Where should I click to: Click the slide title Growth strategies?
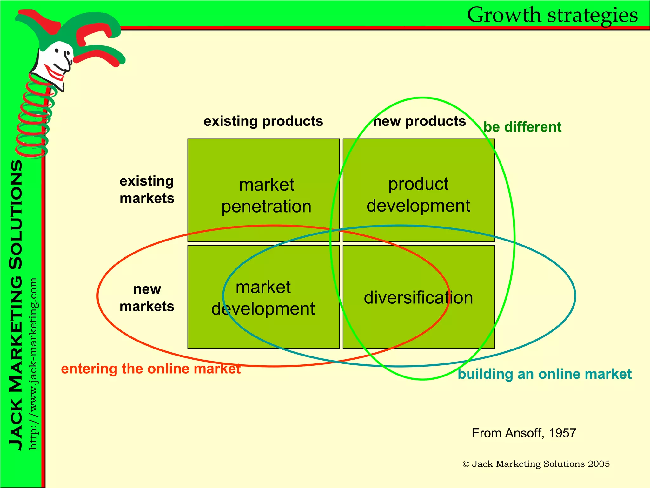552,15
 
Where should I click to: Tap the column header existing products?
263,121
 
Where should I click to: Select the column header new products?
419,121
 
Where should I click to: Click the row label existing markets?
147,190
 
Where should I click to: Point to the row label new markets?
147,298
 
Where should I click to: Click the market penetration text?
266,196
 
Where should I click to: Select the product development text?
418,195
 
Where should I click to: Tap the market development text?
263,298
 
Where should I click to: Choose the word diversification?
418,298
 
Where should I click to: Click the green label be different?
522,127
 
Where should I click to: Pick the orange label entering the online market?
151,369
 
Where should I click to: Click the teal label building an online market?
545,374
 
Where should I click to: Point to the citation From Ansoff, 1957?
524,433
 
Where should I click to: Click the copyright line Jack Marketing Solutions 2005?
536,464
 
